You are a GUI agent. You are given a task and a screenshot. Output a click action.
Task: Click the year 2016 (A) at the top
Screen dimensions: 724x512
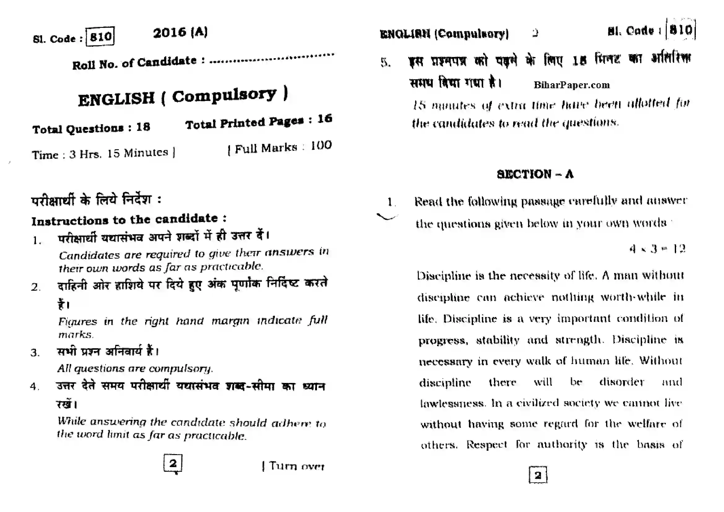[x=180, y=32]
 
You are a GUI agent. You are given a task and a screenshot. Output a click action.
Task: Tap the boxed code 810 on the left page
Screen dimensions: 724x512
[x=100, y=37]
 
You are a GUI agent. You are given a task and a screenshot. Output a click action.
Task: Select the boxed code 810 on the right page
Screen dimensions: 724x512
[x=681, y=30]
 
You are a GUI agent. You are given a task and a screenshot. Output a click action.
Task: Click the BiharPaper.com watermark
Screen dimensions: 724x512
[x=571, y=85]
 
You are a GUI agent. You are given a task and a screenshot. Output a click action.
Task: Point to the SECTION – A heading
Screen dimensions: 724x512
[x=535, y=174]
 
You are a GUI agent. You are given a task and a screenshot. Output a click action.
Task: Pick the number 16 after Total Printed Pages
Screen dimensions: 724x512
[x=324, y=119]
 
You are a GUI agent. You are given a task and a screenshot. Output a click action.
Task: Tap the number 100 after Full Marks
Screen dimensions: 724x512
[x=321, y=146]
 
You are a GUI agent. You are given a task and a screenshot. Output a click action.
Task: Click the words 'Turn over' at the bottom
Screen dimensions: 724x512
[x=297, y=466]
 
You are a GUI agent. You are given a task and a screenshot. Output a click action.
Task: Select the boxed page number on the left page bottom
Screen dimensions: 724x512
[x=173, y=463]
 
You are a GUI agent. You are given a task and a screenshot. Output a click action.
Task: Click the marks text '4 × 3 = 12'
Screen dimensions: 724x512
[x=657, y=249]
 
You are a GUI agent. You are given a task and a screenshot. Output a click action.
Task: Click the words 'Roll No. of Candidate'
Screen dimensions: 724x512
[x=134, y=63]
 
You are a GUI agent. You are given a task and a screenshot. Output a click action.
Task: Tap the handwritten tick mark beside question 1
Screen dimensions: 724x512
[x=387, y=217]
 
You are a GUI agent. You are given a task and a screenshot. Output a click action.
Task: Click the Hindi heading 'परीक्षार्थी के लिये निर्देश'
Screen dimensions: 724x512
[x=91, y=200]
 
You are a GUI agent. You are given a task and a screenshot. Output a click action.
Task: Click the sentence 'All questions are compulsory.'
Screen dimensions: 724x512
[x=135, y=368]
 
